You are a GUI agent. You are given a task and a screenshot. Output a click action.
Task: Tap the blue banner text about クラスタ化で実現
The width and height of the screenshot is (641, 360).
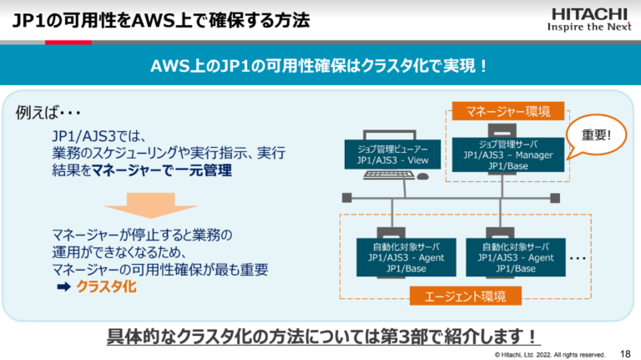tap(320, 65)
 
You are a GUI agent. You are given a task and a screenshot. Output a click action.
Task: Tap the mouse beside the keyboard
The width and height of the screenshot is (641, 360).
tap(422, 176)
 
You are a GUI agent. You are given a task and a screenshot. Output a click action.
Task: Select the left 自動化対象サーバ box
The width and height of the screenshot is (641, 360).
tap(401, 257)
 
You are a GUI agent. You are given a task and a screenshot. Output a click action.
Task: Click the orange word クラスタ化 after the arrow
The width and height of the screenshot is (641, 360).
tap(105, 287)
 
